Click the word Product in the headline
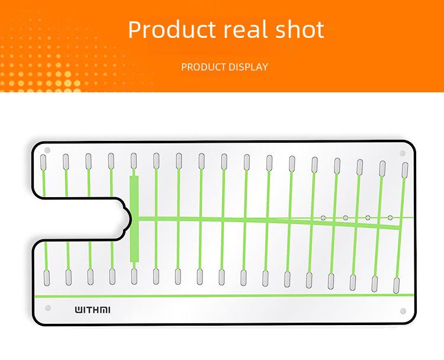point(172,29)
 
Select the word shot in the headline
point(300,29)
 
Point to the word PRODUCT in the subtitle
point(203,67)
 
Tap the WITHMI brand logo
point(92,310)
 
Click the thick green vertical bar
point(134,219)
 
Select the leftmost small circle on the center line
point(323,218)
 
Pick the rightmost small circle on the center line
point(390,217)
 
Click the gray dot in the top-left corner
point(47,150)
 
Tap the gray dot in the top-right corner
point(403,153)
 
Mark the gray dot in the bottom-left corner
point(48,308)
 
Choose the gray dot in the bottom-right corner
point(403,311)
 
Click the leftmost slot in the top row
point(43,162)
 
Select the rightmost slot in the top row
point(405,170)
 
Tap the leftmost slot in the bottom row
point(47,278)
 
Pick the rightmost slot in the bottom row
point(397,285)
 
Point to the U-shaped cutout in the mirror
point(81,220)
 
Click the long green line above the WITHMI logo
point(224,295)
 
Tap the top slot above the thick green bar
point(134,161)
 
